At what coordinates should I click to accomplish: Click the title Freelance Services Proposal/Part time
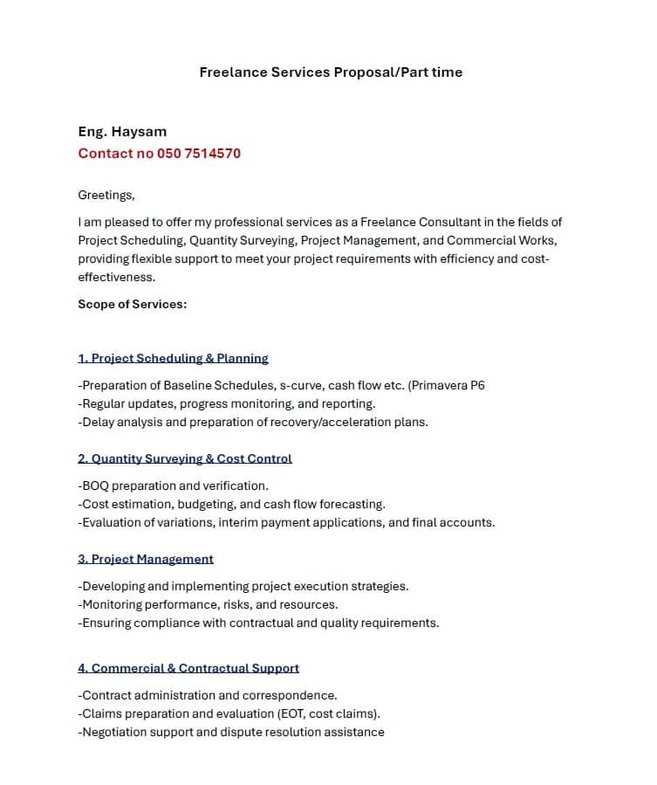(x=331, y=72)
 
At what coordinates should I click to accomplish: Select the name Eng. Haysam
(x=122, y=132)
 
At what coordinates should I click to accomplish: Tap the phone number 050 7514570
(x=199, y=154)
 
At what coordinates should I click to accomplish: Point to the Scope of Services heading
(x=133, y=305)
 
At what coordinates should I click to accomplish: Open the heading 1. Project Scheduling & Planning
(x=173, y=358)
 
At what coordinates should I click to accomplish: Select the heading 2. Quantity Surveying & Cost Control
(x=185, y=458)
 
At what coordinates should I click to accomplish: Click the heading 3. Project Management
(x=146, y=559)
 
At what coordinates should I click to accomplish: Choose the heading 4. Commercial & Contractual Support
(x=188, y=668)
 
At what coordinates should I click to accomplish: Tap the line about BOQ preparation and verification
(x=173, y=485)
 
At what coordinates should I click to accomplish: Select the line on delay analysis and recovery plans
(x=253, y=422)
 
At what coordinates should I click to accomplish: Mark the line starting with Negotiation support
(x=231, y=732)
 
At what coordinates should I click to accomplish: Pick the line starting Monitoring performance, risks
(x=208, y=604)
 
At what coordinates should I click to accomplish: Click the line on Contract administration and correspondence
(x=208, y=695)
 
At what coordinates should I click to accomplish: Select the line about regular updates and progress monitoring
(x=227, y=403)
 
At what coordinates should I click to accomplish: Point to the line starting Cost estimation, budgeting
(x=231, y=504)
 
